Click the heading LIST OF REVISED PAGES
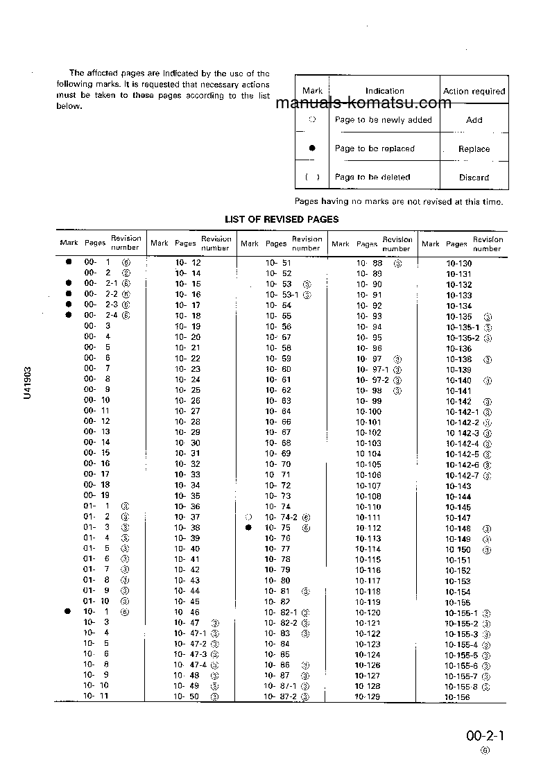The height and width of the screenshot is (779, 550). point(282,219)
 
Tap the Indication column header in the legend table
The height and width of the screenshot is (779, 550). point(384,91)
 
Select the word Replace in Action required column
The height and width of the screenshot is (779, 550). point(474,148)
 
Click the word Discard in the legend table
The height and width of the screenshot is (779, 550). point(474,178)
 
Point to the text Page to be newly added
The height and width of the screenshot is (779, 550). point(383,120)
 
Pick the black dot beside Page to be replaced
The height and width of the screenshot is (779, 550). point(312,148)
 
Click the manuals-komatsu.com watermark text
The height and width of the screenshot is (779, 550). point(363,104)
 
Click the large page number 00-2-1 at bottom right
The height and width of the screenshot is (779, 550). point(485,736)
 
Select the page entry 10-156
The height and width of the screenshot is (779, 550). point(458,698)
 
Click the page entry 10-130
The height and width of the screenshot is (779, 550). point(458,264)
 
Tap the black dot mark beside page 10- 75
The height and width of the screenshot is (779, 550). point(248,528)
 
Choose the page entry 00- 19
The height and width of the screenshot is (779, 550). point(97,495)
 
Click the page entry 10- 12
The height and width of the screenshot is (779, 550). point(188,263)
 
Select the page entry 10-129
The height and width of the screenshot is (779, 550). point(368,696)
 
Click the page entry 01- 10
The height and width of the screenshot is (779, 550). point(96,601)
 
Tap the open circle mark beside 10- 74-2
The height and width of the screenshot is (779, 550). point(248,517)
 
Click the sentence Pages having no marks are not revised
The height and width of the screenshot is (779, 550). point(399,202)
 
